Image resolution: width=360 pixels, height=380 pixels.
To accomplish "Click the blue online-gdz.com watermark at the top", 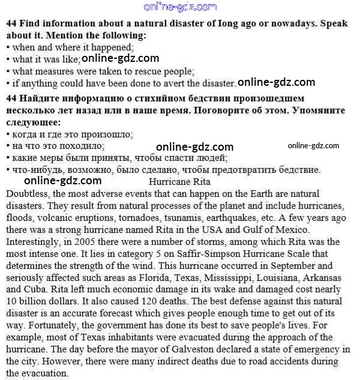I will (x=180, y=7).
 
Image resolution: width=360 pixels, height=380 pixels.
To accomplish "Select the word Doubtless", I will (x=28, y=193).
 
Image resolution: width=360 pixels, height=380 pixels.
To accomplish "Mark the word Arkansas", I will (x=320, y=277).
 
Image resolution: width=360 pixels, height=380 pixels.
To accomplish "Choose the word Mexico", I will (x=290, y=229).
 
